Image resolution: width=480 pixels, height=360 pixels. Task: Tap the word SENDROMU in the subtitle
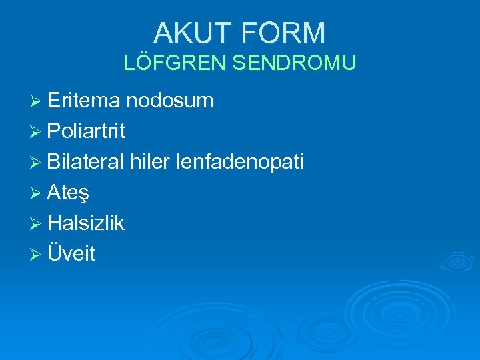[294, 63]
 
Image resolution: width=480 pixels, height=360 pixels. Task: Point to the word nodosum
[169, 101]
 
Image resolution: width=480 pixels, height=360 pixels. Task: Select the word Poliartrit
[86, 131]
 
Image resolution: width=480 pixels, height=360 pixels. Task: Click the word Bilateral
[86, 162]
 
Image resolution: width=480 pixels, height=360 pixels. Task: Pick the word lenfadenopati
[241, 162]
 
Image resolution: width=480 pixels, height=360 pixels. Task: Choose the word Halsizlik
[86, 223]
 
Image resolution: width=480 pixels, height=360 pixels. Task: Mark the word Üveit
[71, 254]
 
